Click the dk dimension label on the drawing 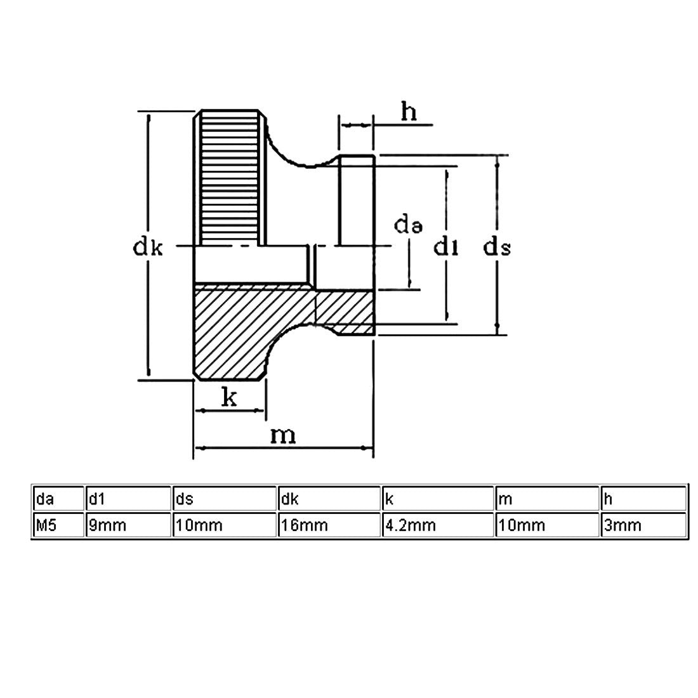(148, 247)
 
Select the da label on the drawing (408, 225)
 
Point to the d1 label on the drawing (446, 247)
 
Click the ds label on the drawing (497, 247)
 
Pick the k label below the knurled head (229, 397)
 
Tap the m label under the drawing (283, 437)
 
